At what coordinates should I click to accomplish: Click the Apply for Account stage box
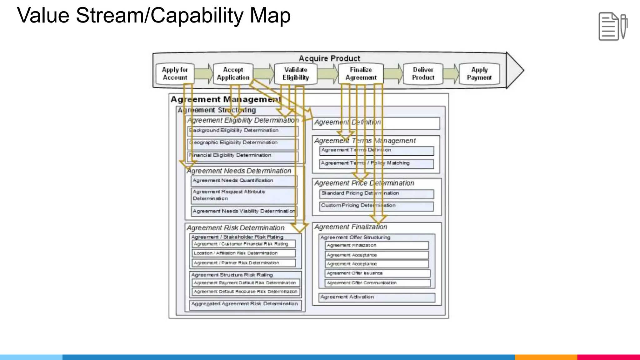coord(175,74)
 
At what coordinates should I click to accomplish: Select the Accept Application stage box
coord(233,74)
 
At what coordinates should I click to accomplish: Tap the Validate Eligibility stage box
coord(296,74)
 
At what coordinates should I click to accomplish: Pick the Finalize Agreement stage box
coord(361,74)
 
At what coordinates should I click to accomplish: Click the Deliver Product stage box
coord(423,74)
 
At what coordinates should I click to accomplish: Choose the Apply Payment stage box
coord(479,74)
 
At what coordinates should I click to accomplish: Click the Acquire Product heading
coord(329,58)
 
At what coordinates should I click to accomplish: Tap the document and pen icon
coord(613,26)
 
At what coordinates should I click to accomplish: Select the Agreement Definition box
coord(376,123)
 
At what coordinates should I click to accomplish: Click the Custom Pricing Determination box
coord(376,206)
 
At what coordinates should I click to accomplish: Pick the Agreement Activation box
coord(377,297)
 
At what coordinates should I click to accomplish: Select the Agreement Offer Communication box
coord(377,283)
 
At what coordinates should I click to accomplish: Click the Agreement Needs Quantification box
coord(244,181)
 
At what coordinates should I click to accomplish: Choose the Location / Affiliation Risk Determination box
coord(243,253)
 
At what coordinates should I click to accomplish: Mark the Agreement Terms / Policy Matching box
coord(376,163)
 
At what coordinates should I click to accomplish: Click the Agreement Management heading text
coord(226,99)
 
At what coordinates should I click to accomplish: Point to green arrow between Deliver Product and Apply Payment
coord(451,74)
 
